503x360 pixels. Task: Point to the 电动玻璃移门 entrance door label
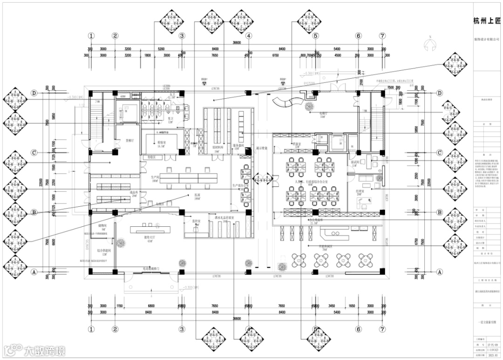[151, 269]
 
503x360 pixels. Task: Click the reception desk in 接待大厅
[150, 230]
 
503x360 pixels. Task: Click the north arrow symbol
[431, 44]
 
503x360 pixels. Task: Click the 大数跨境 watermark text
[45, 350]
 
